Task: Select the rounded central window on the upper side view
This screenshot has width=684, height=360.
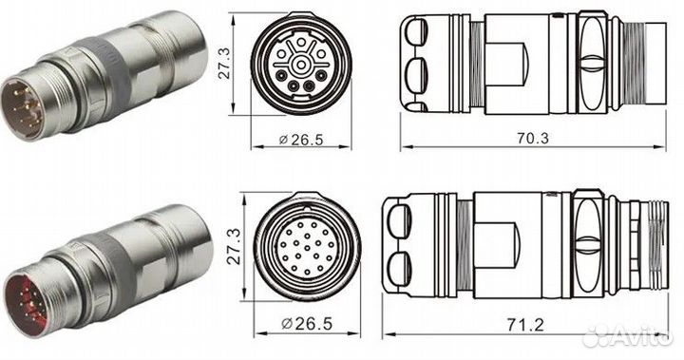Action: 513,61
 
